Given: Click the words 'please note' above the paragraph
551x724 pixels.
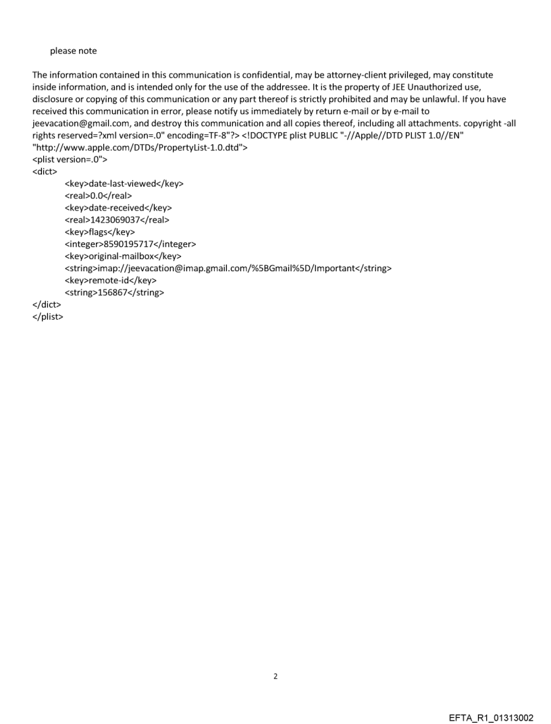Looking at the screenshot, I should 73,51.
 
